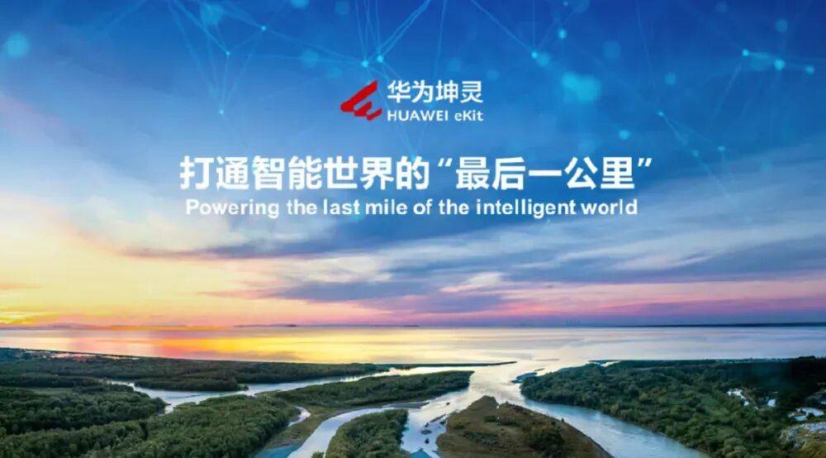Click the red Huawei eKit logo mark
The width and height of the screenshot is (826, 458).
tap(362, 101)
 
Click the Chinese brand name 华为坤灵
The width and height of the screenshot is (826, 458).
tap(435, 93)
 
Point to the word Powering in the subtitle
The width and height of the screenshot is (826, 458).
tap(232, 208)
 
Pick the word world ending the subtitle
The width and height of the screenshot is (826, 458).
tap(610, 207)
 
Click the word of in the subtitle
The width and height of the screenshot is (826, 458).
tap(422, 207)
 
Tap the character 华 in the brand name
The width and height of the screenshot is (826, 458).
tap(399, 93)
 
